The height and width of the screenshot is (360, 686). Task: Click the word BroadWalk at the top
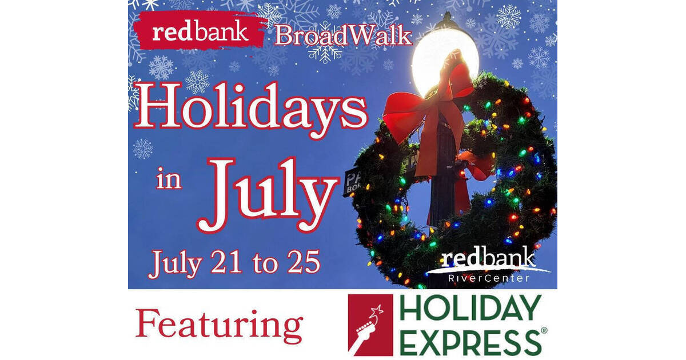point(342,36)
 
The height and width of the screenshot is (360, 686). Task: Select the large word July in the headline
point(268,191)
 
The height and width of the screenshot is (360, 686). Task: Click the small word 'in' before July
point(169,179)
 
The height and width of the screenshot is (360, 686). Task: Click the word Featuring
point(219,324)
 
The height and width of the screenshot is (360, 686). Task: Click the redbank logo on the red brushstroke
point(200,31)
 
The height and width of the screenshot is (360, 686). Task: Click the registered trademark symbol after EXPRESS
point(544,331)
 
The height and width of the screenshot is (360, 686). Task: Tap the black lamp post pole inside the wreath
point(444,194)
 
